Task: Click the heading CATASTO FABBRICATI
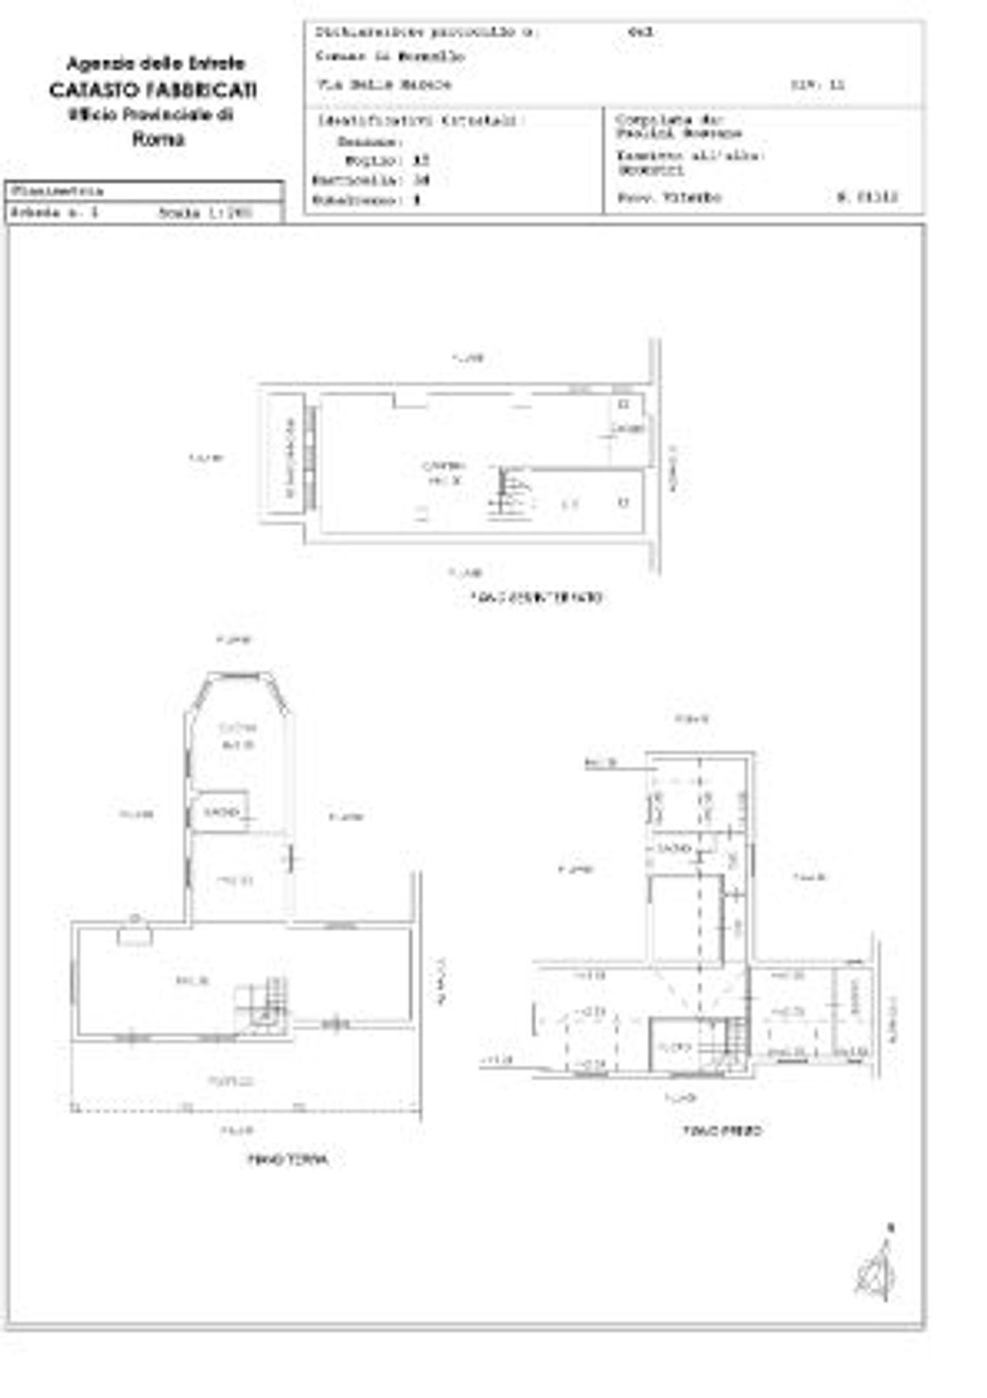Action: point(153,90)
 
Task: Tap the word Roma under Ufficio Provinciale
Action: point(159,139)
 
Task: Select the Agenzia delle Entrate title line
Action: point(156,64)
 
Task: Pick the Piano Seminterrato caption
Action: point(536,598)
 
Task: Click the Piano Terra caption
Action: point(288,1159)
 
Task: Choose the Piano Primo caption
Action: point(722,1130)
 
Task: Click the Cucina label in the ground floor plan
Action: point(238,728)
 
